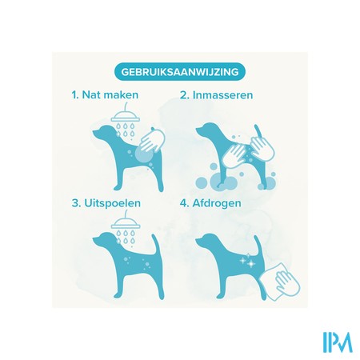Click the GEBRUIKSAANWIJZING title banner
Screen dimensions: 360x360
click(x=180, y=72)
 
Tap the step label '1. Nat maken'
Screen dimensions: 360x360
click(x=105, y=95)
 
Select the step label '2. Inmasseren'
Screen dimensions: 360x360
click(x=216, y=95)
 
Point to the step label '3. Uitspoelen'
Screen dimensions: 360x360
click(x=106, y=203)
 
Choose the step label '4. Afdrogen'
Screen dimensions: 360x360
click(x=210, y=203)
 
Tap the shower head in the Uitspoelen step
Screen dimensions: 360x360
click(x=126, y=223)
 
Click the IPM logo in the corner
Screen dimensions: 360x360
click(x=338, y=342)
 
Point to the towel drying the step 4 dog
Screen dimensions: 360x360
click(x=280, y=282)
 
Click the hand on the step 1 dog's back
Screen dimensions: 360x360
click(x=152, y=140)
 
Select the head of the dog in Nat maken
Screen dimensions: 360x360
click(x=105, y=132)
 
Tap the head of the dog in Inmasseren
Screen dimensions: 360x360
click(x=208, y=130)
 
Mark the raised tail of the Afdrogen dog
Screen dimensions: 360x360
click(x=258, y=246)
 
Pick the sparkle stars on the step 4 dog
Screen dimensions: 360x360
click(x=247, y=260)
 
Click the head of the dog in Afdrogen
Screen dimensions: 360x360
click(x=208, y=241)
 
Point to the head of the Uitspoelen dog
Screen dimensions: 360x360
click(x=105, y=240)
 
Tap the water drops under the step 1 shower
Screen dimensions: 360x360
click(x=126, y=130)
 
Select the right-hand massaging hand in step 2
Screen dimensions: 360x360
click(x=262, y=148)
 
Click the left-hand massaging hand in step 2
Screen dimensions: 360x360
click(x=234, y=157)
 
